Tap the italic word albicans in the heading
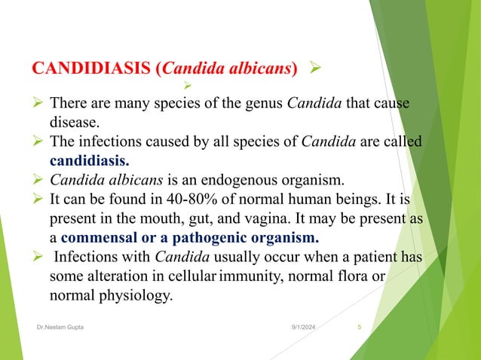click(x=256, y=70)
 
